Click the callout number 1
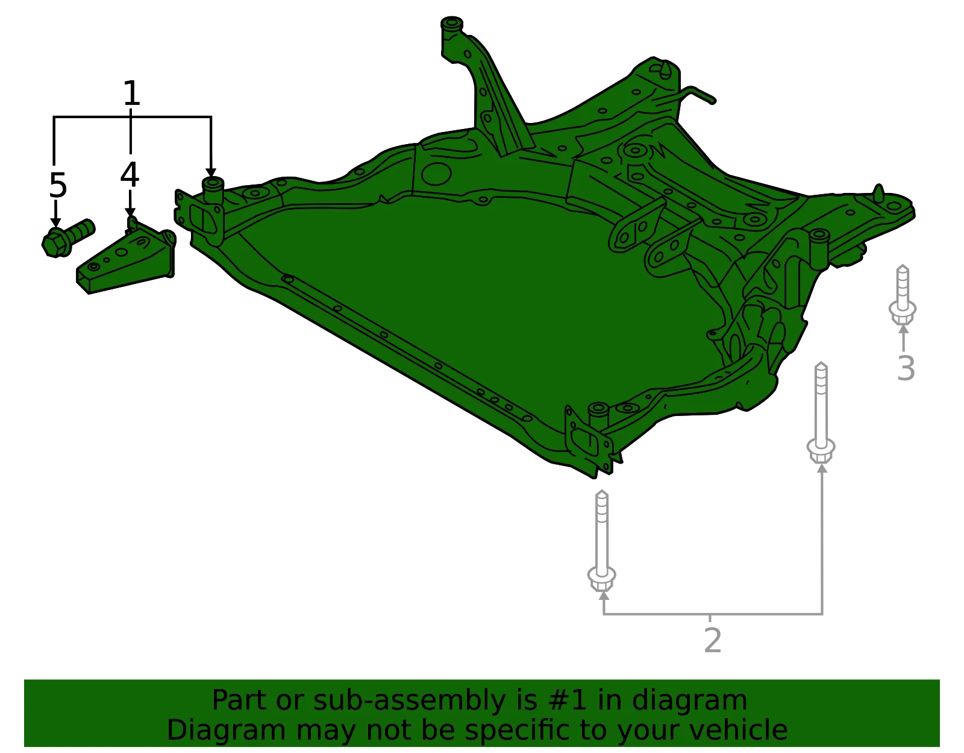131,93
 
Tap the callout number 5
58,185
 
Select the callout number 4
130,174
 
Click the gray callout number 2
713,640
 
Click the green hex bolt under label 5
67,238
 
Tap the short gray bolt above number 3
903,295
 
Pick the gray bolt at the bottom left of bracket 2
601,541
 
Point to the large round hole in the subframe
437,174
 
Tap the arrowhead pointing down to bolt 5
55,222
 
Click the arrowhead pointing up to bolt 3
904,329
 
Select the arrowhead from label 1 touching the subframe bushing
211,173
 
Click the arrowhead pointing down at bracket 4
130,213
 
